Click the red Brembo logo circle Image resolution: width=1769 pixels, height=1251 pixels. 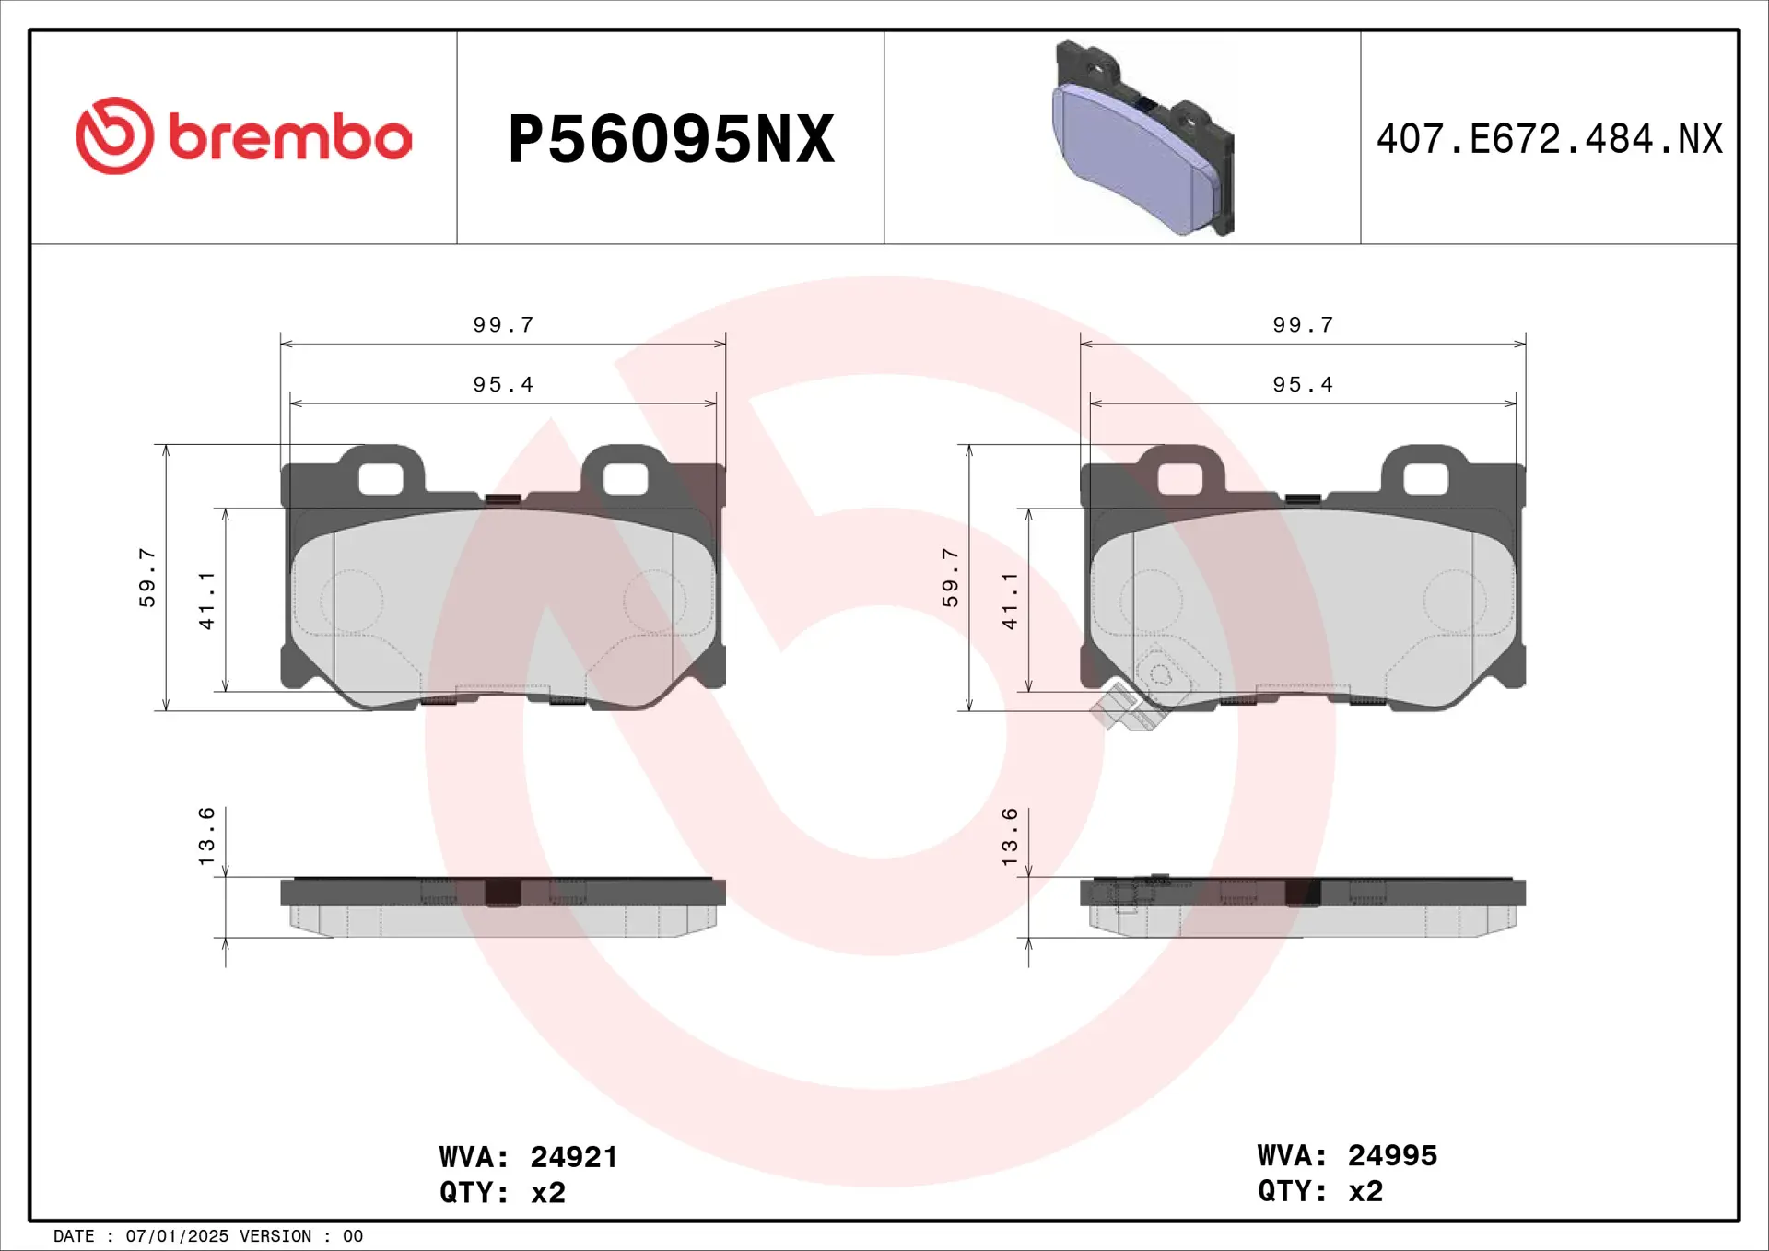114,135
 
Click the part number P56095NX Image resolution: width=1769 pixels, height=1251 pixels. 671,139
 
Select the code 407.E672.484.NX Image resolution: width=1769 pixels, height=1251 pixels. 1549,139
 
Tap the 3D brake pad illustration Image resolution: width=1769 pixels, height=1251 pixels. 1142,138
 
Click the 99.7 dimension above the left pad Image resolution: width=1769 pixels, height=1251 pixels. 503,325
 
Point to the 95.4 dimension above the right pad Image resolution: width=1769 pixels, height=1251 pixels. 1302,385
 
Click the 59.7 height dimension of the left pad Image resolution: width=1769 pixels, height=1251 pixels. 147,578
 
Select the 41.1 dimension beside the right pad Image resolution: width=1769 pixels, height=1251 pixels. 1010,601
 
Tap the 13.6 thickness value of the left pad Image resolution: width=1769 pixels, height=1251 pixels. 206,836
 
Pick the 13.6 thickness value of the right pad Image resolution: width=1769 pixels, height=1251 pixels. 1010,836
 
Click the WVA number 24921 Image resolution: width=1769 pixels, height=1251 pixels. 573,1157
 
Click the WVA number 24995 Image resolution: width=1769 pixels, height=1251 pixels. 1391,1155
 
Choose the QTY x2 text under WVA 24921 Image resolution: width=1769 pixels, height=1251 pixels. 502,1193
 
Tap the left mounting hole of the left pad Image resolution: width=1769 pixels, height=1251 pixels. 381,479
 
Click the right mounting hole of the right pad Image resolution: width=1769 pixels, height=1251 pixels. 1425,479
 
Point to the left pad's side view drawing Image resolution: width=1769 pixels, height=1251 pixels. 503,906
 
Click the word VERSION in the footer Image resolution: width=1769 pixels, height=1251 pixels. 275,1236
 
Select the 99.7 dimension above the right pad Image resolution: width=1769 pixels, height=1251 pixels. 1302,325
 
